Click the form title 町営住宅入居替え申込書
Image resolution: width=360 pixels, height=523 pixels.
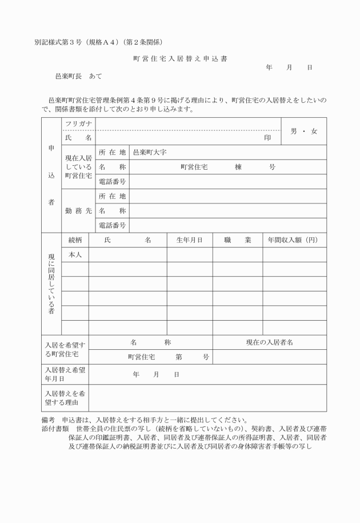[x=181, y=58]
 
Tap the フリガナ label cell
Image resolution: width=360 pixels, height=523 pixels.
[x=78, y=124]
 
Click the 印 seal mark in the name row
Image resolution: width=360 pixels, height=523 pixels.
[x=267, y=138]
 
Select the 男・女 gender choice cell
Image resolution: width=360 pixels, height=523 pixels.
[x=303, y=131]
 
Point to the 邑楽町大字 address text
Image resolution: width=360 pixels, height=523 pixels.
[x=150, y=153]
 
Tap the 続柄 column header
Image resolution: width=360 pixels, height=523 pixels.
[x=75, y=240]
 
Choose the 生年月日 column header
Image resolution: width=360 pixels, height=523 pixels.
[x=189, y=240]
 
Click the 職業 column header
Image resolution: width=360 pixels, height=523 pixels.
[x=237, y=240]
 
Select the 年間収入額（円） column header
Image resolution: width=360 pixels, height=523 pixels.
[x=294, y=240]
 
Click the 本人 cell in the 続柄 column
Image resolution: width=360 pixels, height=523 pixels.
[x=75, y=254]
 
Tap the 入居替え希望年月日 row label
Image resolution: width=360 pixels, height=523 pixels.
[x=65, y=374]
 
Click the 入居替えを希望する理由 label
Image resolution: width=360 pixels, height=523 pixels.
[x=65, y=398]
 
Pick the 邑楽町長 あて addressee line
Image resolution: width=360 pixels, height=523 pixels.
[x=75, y=75]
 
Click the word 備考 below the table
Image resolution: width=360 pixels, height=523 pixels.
[x=42, y=419]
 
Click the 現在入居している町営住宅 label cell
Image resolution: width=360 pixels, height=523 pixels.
[x=78, y=167]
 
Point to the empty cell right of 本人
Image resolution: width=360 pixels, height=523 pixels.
[x=127, y=254]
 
